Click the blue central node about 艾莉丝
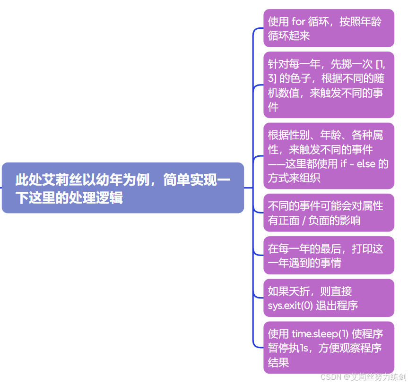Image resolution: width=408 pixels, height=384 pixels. (x=123, y=188)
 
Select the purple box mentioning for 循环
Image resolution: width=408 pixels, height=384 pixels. (x=329, y=28)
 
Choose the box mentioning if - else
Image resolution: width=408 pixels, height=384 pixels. (x=329, y=156)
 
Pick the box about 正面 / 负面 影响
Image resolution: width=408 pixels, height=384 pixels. (x=329, y=213)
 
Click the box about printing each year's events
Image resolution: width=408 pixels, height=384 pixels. (x=329, y=255)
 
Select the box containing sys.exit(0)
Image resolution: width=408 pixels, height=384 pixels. (x=329, y=298)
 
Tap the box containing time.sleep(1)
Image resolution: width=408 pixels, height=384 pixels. (x=329, y=347)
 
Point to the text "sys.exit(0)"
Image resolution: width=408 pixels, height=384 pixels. (x=290, y=305)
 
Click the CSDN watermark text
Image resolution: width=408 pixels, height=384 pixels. (x=363, y=377)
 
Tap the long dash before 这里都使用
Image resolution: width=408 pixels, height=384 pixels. (x=278, y=164)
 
